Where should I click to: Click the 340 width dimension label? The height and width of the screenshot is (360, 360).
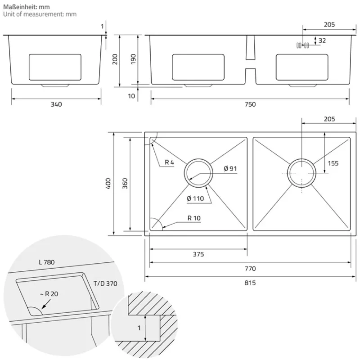(56, 104)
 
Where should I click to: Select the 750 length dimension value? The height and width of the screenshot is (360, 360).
(250, 104)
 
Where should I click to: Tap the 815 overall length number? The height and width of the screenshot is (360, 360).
(250, 283)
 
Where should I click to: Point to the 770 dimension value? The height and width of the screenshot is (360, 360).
(250, 269)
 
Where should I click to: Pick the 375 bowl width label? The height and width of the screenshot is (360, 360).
(198, 254)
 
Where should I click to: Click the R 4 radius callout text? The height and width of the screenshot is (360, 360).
(170, 162)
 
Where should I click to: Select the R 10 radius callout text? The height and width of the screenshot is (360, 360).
(194, 218)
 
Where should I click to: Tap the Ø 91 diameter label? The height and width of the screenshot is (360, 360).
(230, 169)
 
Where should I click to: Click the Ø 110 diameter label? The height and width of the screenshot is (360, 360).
(195, 198)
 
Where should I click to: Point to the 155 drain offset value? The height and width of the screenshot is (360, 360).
(333, 163)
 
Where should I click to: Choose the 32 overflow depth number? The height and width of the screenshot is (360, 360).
(322, 40)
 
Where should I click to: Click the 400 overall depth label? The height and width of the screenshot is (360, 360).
(108, 184)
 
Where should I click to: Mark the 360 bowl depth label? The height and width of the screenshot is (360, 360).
(125, 184)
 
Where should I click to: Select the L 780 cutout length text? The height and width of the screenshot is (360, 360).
(47, 262)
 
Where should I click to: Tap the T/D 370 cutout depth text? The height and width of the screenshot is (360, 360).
(105, 284)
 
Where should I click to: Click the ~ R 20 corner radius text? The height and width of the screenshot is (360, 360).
(49, 294)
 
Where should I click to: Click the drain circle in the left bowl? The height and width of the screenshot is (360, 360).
(198, 173)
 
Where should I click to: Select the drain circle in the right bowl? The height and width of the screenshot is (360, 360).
(301, 173)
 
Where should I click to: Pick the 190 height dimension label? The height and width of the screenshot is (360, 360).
(133, 59)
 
